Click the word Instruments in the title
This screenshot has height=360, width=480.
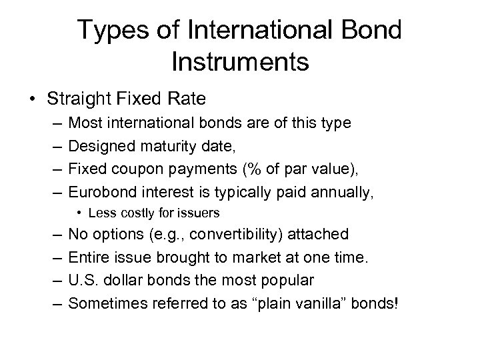(x=239, y=61)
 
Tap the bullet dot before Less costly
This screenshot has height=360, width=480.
(x=79, y=213)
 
